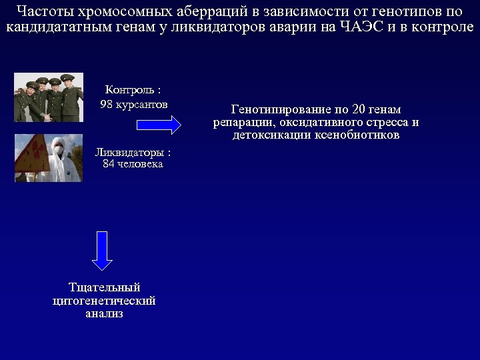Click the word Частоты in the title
[41, 11]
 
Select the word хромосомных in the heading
[117, 11]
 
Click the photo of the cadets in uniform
[49, 97]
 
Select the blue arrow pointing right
[159, 125]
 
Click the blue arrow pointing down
[101, 250]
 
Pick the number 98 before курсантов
[107, 105]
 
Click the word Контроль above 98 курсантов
[131, 90]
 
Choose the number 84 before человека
[109, 163]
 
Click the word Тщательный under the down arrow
[105, 287]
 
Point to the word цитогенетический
[104, 301]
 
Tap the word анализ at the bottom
[105, 313]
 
